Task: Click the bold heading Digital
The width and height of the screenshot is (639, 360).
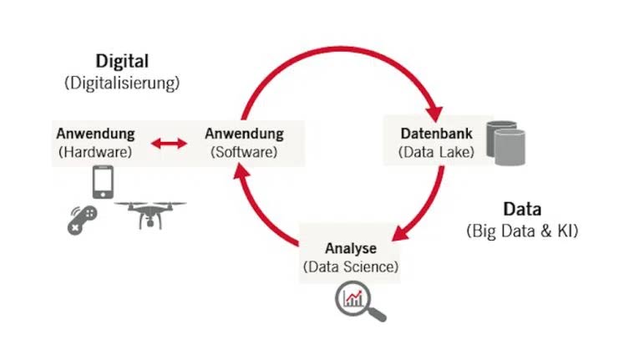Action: pyautogui.click(x=122, y=61)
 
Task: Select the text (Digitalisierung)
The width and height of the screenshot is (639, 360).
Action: pyautogui.click(x=122, y=83)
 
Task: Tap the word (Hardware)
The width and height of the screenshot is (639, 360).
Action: pyautogui.click(x=95, y=152)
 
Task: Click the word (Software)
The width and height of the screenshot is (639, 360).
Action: pyautogui.click(x=244, y=152)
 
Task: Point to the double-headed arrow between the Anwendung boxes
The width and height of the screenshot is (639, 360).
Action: pyautogui.click(x=169, y=143)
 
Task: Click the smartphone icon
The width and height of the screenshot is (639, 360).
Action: pyautogui.click(x=103, y=182)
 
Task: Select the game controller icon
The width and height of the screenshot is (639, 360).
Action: pyautogui.click(x=83, y=221)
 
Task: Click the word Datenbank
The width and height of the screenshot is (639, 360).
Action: pyautogui.click(x=437, y=134)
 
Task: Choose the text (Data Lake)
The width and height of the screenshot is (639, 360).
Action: pyautogui.click(x=437, y=152)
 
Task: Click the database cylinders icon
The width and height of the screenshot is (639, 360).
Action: pyautogui.click(x=505, y=143)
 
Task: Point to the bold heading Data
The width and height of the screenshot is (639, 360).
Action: pyautogui.click(x=522, y=209)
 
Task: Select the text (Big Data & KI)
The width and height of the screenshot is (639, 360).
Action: pyautogui.click(x=522, y=231)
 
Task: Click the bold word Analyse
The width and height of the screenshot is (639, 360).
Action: pyautogui.click(x=351, y=248)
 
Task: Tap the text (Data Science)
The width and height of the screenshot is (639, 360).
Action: pyautogui.click(x=351, y=267)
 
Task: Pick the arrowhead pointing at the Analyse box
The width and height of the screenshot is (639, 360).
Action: pyautogui.click(x=400, y=234)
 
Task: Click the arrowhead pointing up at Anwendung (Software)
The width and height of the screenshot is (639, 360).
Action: pyautogui.click(x=241, y=171)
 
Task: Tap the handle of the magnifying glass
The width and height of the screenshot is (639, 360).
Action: pyautogui.click(x=377, y=313)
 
